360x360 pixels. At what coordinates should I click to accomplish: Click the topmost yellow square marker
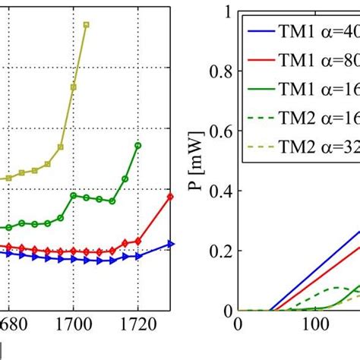[x=87, y=24]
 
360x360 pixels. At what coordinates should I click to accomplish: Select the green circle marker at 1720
[x=137, y=145]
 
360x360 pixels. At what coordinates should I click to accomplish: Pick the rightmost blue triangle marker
[x=170, y=244]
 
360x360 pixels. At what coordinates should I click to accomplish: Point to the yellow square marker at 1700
[x=74, y=87]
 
